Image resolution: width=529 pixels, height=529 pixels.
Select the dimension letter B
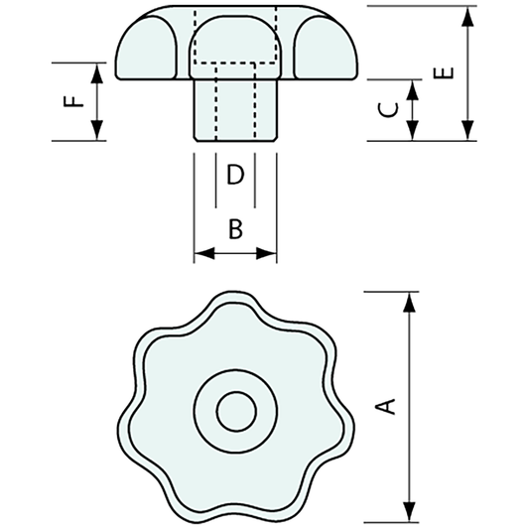[235, 230]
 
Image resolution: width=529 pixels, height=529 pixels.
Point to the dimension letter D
[235, 176]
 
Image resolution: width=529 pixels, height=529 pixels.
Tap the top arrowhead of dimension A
[408, 299]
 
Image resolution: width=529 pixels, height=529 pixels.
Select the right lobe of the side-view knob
[322, 50]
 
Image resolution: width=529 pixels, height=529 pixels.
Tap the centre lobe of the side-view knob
[235, 45]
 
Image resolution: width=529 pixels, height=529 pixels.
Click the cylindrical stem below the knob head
[235, 109]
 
